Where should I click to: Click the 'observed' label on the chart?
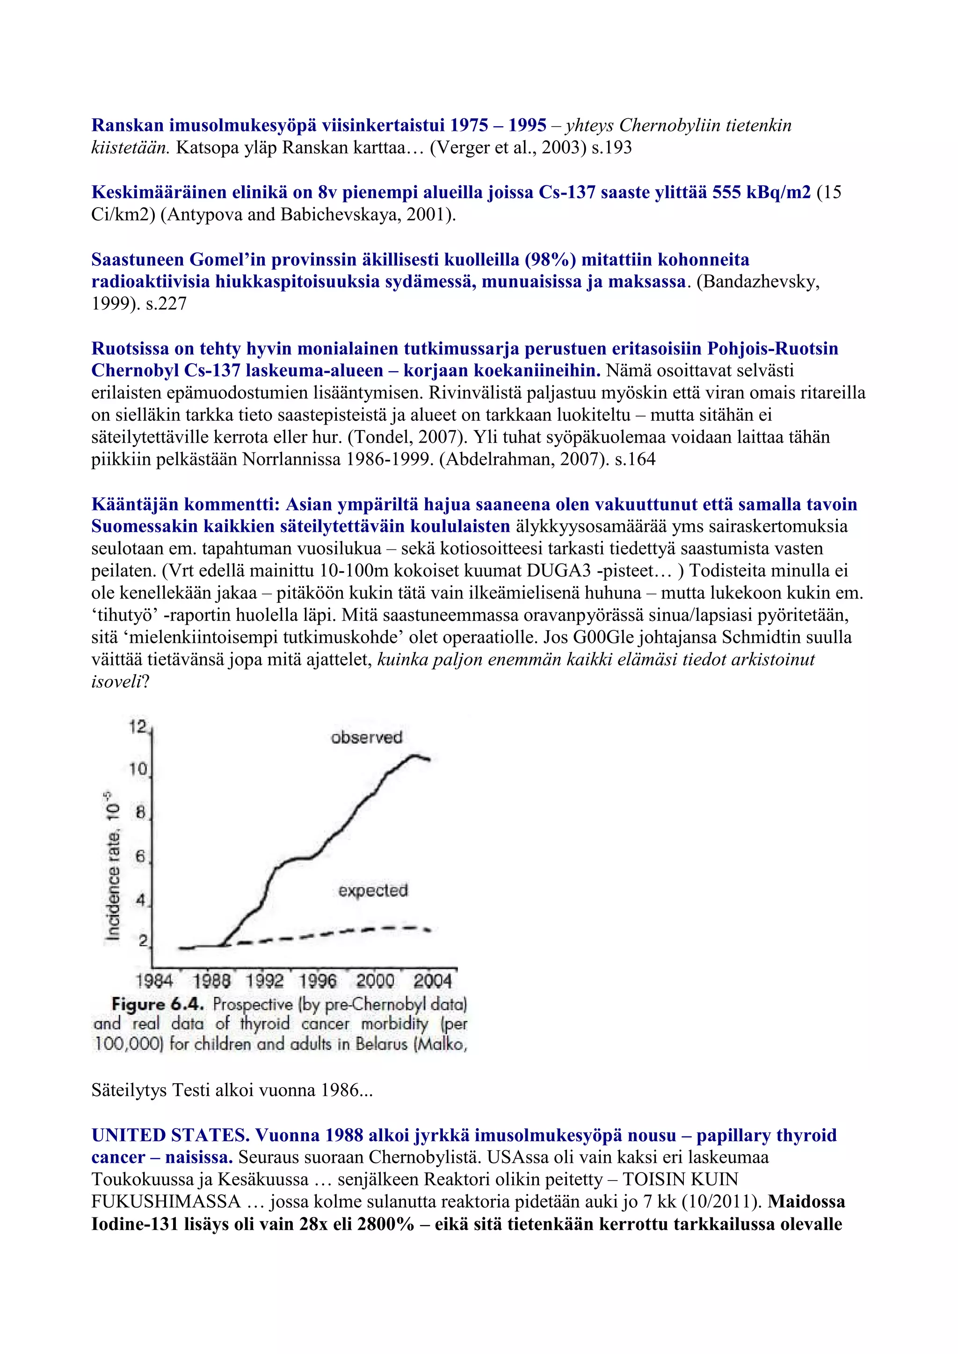[366, 737]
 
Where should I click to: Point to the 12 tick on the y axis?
[138, 727]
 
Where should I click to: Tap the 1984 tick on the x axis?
[154, 981]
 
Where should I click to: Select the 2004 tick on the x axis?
[432, 981]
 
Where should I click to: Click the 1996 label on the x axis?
[317, 981]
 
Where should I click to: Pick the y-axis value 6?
[140, 856]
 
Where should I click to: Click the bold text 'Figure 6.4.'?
[158, 1004]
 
